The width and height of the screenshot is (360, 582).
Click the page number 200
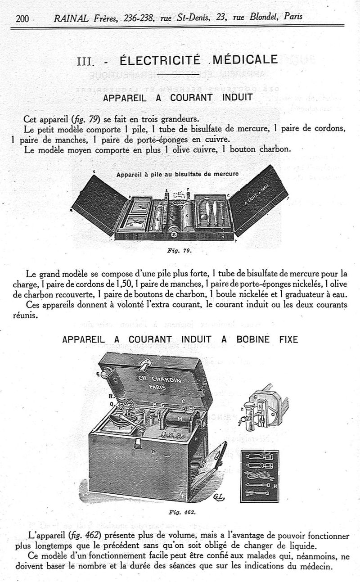pyautogui.click(x=22, y=18)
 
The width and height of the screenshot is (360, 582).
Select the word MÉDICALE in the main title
pyautogui.click(x=245, y=60)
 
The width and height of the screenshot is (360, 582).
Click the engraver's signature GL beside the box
pyautogui.click(x=219, y=496)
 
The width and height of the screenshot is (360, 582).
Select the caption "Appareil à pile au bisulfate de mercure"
pyautogui.click(x=177, y=174)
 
